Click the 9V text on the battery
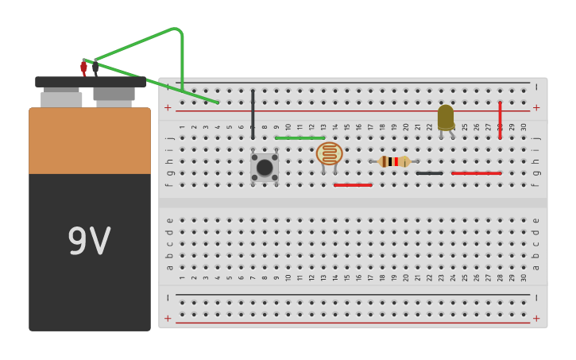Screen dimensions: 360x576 (89, 242)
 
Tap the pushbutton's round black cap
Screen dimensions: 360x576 (265, 168)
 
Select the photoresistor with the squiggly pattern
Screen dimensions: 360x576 (329, 153)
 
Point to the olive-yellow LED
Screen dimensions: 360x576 (446, 118)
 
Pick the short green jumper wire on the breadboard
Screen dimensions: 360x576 (300, 138)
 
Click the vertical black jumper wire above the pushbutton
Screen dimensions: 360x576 (253, 114)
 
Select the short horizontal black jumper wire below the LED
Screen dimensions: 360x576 (430, 173)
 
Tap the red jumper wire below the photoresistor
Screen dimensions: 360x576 (353, 185)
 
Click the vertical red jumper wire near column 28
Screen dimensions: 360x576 (500, 120)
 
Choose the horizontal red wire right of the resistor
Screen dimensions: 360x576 (476, 173)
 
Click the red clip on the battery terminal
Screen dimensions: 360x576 (84, 68)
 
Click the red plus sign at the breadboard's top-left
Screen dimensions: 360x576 (168, 107)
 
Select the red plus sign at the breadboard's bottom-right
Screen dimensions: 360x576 (536, 319)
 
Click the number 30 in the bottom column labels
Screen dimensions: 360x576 (524, 277)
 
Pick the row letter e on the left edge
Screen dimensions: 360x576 (170, 221)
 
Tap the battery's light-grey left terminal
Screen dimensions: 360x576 (61, 99)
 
